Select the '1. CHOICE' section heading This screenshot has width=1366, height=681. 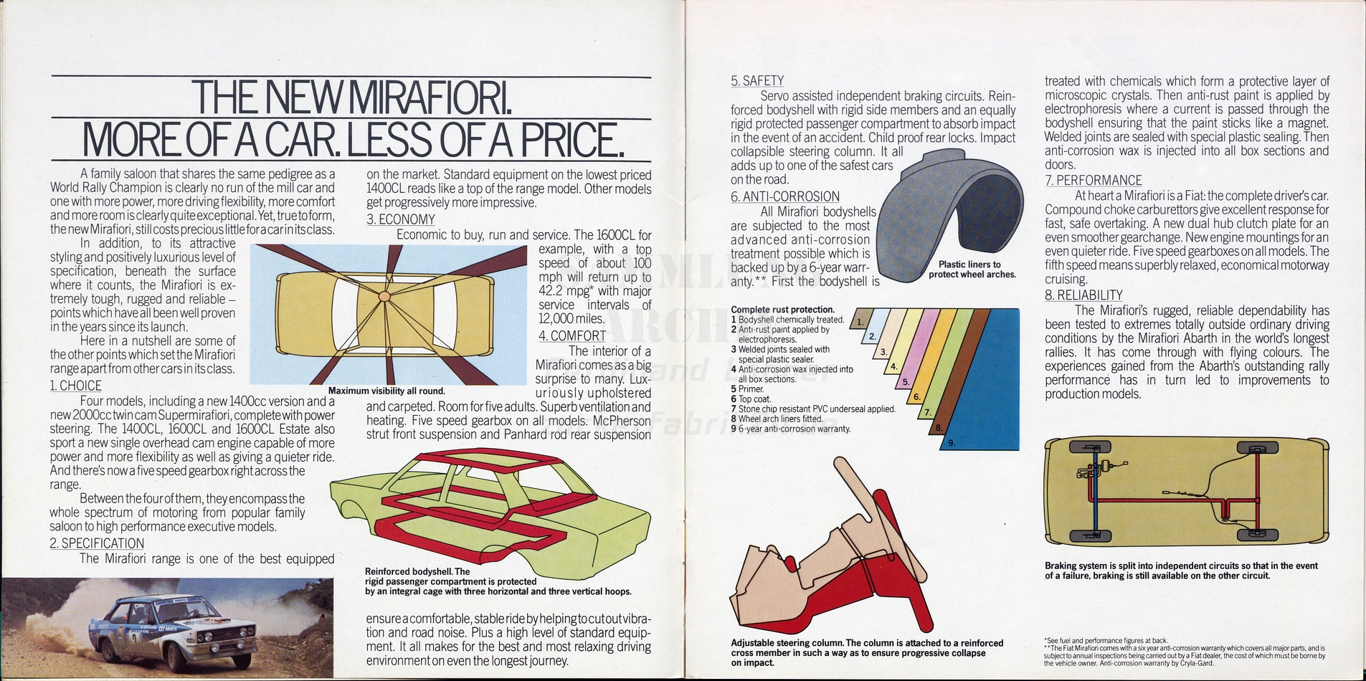pyautogui.click(x=76, y=386)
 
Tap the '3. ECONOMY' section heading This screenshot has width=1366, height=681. pyautogui.click(x=401, y=219)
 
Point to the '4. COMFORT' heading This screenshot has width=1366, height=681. pyautogui.click(x=572, y=335)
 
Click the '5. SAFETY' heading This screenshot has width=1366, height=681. pyautogui.click(x=757, y=81)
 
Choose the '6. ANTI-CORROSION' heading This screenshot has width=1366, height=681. pyautogui.click(x=785, y=196)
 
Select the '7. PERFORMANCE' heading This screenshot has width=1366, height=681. pyautogui.click(x=1094, y=181)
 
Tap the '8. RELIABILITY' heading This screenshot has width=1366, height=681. pyautogui.click(x=1083, y=295)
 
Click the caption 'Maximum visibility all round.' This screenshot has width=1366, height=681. pyautogui.click(x=386, y=391)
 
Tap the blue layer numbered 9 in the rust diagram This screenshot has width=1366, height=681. pyautogui.click(x=982, y=380)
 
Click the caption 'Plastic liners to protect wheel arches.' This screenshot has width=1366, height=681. pyautogui.click(x=972, y=270)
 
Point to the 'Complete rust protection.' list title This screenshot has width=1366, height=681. pyautogui.click(x=782, y=310)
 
